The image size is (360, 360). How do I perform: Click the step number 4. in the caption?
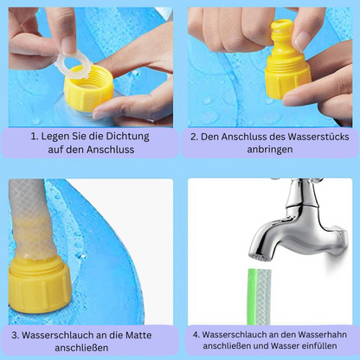(196, 333)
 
